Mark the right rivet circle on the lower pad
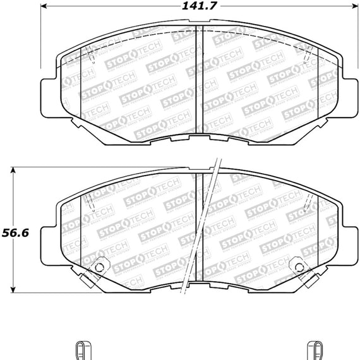point(296,267)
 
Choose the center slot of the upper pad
point(198,82)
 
